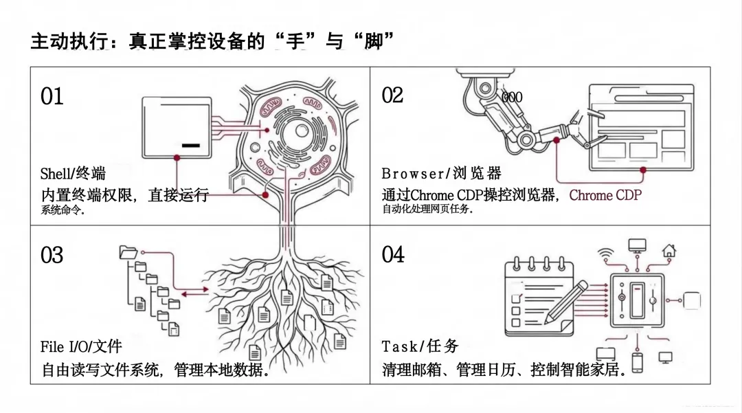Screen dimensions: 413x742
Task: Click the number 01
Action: tap(52, 96)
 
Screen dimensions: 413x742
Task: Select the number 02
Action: tap(392, 96)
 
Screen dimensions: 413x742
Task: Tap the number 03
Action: tap(52, 256)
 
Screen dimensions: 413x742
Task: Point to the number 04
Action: tap(393, 255)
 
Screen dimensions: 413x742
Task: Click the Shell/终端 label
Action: tap(73, 173)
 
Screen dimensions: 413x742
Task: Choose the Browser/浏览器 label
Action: tap(441, 173)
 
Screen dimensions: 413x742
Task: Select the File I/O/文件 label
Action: tap(81, 346)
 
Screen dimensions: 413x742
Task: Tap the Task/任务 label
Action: tap(420, 346)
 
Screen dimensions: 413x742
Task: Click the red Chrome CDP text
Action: tap(605, 195)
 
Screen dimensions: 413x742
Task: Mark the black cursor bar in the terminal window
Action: tap(191, 146)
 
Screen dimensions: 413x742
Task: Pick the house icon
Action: tap(668, 250)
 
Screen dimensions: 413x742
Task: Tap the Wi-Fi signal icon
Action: tap(605, 252)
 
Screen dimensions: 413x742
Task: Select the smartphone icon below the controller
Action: tap(637, 362)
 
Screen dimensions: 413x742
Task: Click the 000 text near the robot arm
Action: tap(512, 98)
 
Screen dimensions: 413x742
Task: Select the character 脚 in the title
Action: tap(372, 41)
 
